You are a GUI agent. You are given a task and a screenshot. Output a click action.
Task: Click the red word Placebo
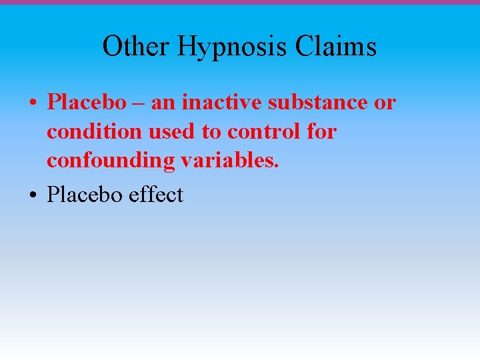click(x=86, y=103)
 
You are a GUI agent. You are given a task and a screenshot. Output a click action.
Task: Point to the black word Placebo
click(x=84, y=195)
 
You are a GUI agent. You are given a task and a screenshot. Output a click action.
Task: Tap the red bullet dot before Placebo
click(x=32, y=104)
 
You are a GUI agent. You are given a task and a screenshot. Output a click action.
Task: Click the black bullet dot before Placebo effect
click(x=32, y=196)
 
